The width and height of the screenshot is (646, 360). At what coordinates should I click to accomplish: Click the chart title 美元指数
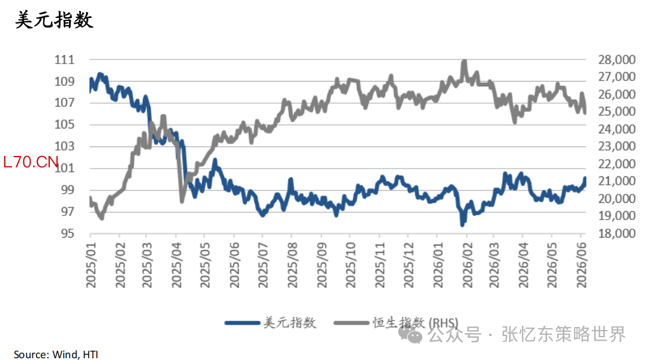54,20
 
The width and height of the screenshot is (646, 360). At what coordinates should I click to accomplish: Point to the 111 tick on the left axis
64,60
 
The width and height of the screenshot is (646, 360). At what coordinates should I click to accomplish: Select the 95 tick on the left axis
68,233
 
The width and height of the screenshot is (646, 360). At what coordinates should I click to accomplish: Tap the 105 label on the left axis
64,124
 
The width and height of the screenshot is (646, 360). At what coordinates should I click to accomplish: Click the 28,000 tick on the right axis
617,60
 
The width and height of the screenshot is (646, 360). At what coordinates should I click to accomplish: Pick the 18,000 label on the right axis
617,233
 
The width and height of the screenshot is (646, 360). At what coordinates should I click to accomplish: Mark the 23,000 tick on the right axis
617,146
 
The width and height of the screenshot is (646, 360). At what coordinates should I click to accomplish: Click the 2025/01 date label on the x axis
91,265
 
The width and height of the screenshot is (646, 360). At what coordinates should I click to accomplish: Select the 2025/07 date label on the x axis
263,265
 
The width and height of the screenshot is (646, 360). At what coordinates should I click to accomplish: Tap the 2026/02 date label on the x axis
467,265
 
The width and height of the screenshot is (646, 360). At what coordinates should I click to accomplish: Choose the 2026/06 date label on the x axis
581,265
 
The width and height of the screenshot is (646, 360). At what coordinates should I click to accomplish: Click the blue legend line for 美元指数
242,323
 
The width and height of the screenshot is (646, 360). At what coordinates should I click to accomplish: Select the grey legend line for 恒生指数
351,323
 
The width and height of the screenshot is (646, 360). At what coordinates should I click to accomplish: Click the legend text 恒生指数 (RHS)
415,323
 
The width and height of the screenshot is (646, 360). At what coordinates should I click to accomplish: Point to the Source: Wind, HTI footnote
56,354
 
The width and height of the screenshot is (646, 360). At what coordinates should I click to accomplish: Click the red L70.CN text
31,162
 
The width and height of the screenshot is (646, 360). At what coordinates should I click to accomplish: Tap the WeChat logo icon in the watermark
410,334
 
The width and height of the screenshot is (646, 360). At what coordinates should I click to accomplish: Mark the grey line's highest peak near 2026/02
465,61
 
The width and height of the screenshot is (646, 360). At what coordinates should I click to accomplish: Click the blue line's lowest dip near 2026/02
462,225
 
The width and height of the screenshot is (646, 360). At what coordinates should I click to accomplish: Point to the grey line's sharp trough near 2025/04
182,201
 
